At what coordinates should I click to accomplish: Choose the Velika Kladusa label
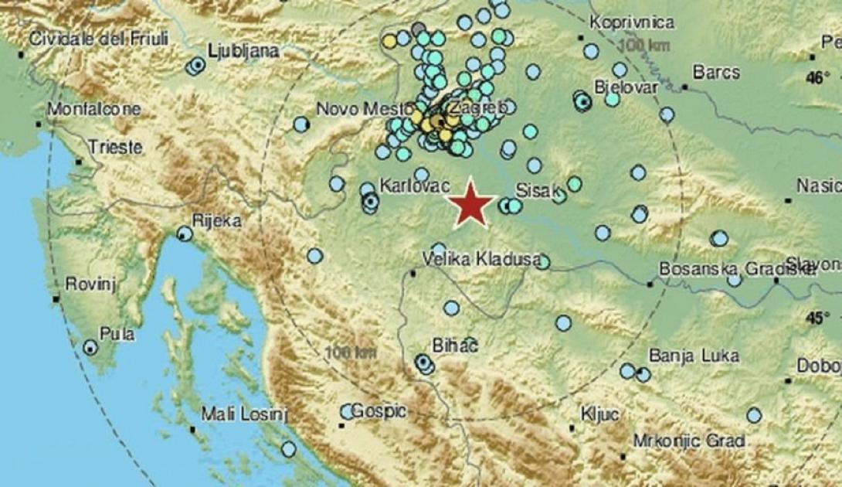point(481,261)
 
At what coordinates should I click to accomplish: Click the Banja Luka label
point(694,356)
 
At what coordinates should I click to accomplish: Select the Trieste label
point(114,147)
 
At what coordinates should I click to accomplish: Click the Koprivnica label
point(631,23)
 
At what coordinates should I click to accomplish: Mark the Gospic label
point(379,412)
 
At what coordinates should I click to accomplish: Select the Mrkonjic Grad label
point(688,441)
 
